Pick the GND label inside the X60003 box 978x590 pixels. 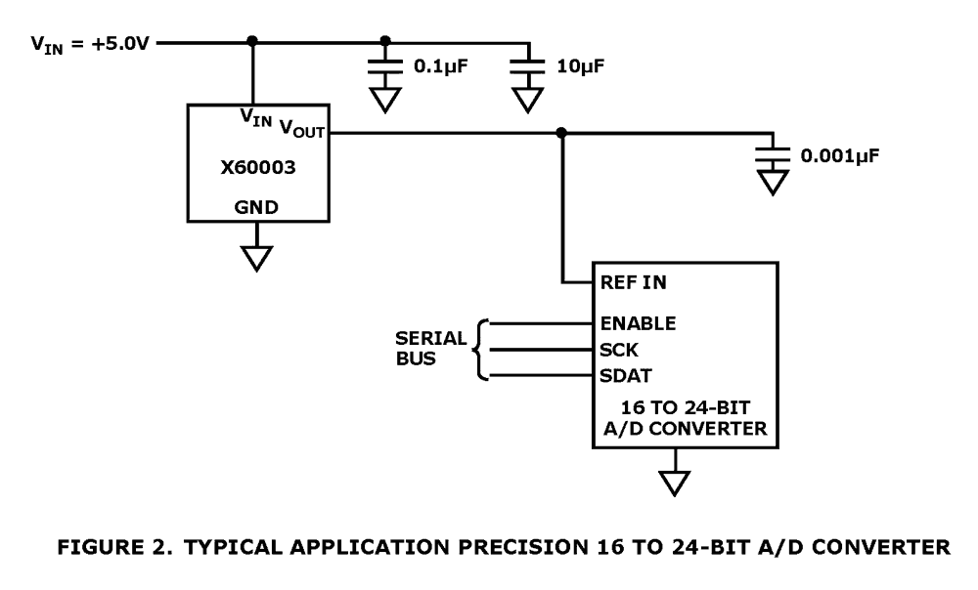tap(257, 207)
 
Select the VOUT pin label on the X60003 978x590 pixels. tap(302, 128)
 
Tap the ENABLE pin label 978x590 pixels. tap(637, 321)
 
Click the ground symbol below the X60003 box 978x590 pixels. tap(257, 257)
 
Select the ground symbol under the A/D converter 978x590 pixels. tap(675, 482)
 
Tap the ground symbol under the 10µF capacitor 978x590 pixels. tap(528, 101)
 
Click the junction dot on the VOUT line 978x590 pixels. tap(560, 133)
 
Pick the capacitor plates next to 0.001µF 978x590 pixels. tap(773, 154)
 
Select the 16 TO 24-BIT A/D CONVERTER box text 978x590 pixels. tap(686, 418)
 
